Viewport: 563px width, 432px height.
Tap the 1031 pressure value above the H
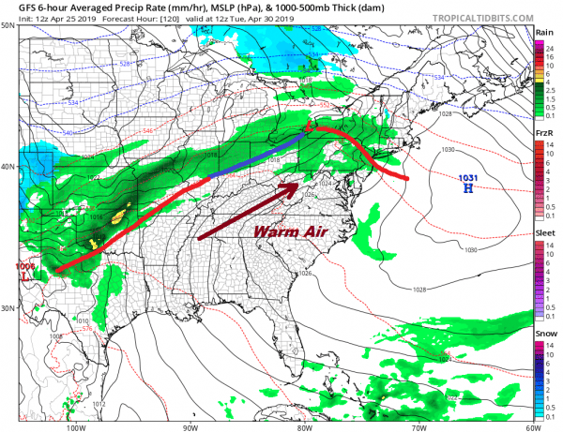pyautogui.click(x=466, y=177)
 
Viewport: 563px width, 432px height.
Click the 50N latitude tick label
pyautogui.click(x=8, y=25)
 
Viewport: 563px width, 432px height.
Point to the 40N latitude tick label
pyautogui.click(x=8, y=167)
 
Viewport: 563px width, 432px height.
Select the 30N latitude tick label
pyautogui.click(x=8, y=308)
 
